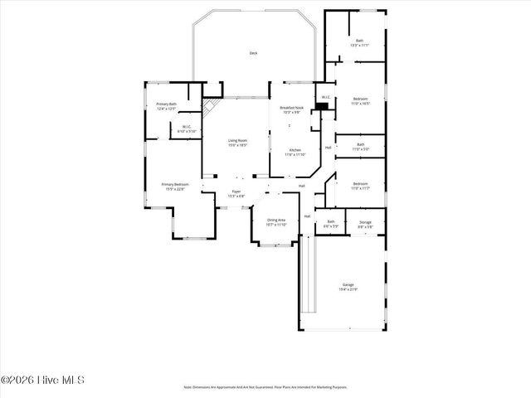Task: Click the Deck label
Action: coord(253,53)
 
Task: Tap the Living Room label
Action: coord(238,140)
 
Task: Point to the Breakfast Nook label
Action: coord(291,108)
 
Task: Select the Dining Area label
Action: coord(276,220)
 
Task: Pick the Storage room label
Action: coord(365,221)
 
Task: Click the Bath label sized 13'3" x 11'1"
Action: coord(359,41)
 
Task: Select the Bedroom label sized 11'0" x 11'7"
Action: coord(359,183)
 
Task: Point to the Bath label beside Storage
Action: coord(330,221)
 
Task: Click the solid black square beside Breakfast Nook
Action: coord(321,106)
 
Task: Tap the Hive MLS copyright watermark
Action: coord(42,381)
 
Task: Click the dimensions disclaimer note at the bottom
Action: coord(265,386)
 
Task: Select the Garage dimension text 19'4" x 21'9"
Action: coord(348,289)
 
